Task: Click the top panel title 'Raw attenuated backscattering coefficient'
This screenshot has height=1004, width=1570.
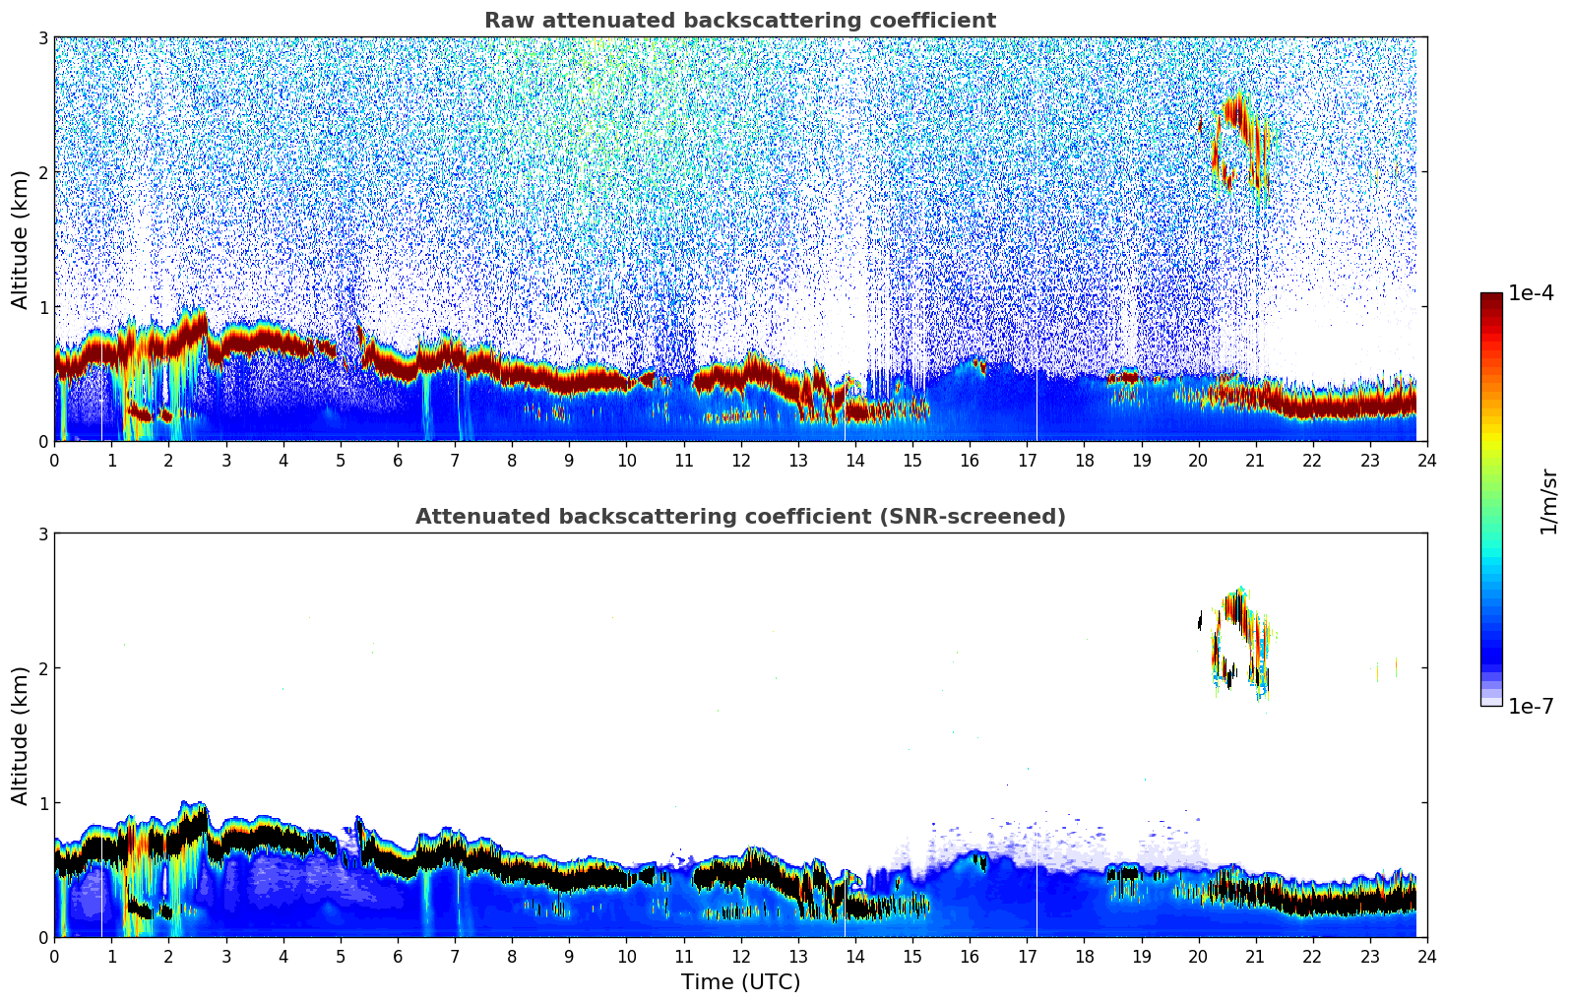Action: (x=739, y=21)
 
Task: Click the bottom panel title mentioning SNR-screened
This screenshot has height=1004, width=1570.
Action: (x=739, y=517)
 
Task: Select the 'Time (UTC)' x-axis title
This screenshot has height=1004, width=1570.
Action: (x=740, y=981)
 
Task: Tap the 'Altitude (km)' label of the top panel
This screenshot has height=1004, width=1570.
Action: (x=21, y=239)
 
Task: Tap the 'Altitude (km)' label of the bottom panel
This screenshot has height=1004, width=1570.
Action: (x=21, y=735)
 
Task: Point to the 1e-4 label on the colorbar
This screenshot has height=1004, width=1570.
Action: (x=1530, y=293)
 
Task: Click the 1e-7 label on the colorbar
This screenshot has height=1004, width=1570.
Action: (x=1530, y=706)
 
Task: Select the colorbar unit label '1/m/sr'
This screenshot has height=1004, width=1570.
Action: (x=1548, y=501)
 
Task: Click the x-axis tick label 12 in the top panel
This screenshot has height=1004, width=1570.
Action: (x=740, y=460)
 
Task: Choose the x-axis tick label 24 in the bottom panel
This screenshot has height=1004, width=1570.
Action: (x=1426, y=956)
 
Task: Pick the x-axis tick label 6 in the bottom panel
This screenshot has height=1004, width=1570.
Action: (x=398, y=956)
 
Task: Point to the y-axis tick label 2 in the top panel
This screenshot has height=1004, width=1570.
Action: (x=42, y=172)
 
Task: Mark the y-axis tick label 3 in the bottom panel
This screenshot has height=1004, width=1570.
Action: (x=42, y=533)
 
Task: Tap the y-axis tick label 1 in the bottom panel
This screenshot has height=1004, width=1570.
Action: (x=42, y=803)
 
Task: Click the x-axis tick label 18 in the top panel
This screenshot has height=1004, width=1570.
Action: (x=1084, y=460)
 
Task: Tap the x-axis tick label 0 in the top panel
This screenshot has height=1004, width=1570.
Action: (x=54, y=460)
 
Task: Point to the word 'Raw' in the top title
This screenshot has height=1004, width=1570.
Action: (x=507, y=21)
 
